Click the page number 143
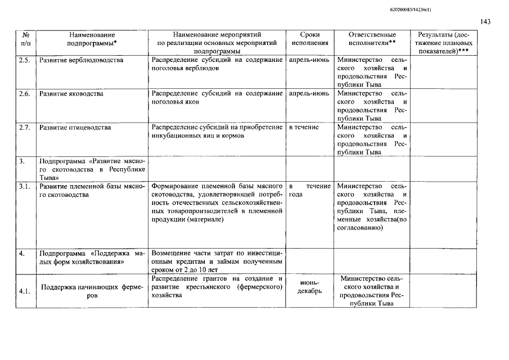click(486, 22)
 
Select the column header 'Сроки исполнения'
click(310, 38)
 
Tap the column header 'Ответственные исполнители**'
click(372, 38)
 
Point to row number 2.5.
click(24, 60)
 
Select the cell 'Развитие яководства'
click(71, 94)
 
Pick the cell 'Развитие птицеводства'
click(75, 128)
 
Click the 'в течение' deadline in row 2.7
click(304, 128)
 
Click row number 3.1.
click(24, 186)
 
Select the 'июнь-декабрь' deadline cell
click(310, 287)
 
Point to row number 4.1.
click(24, 291)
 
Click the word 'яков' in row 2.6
click(193, 102)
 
